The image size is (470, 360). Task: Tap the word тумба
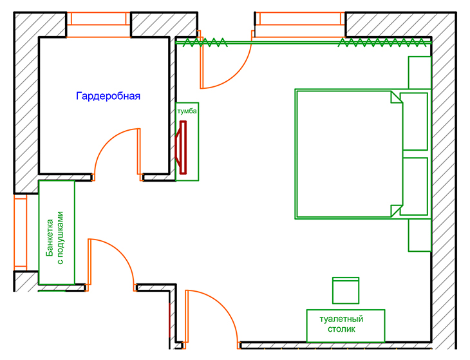click(x=187, y=111)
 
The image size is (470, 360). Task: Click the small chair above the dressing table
click(x=345, y=290)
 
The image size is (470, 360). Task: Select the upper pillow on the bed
click(x=414, y=120)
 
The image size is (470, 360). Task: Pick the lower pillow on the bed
click(x=414, y=185)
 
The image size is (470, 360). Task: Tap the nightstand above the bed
click(x=419, y=72)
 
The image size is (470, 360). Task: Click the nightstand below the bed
click(x=419, y=235)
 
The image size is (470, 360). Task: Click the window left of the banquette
click(x=20, y=232)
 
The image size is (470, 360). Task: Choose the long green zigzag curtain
click(x=382, y=43)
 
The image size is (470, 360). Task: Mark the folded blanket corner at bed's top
click(x=394, y=99)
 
